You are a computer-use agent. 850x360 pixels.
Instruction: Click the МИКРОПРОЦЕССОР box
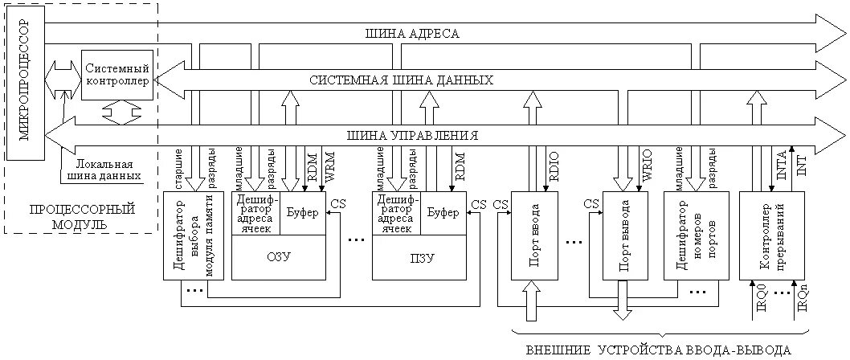coord(24,81)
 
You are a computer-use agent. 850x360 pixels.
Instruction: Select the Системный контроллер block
coord(116,73)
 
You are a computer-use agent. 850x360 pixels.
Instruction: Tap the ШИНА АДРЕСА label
coord(412,34)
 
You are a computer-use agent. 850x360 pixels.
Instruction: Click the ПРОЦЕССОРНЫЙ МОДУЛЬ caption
coord(82,216)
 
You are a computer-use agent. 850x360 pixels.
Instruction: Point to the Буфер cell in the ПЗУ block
coord(443,213)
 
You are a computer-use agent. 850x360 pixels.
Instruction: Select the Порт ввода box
coord(533,235)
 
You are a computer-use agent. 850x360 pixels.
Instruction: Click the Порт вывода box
coord(624,235)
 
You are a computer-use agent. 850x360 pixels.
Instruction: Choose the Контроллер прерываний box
coord(762,235)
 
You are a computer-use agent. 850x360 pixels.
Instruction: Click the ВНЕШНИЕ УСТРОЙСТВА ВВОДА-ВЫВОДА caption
coord(657,350)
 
